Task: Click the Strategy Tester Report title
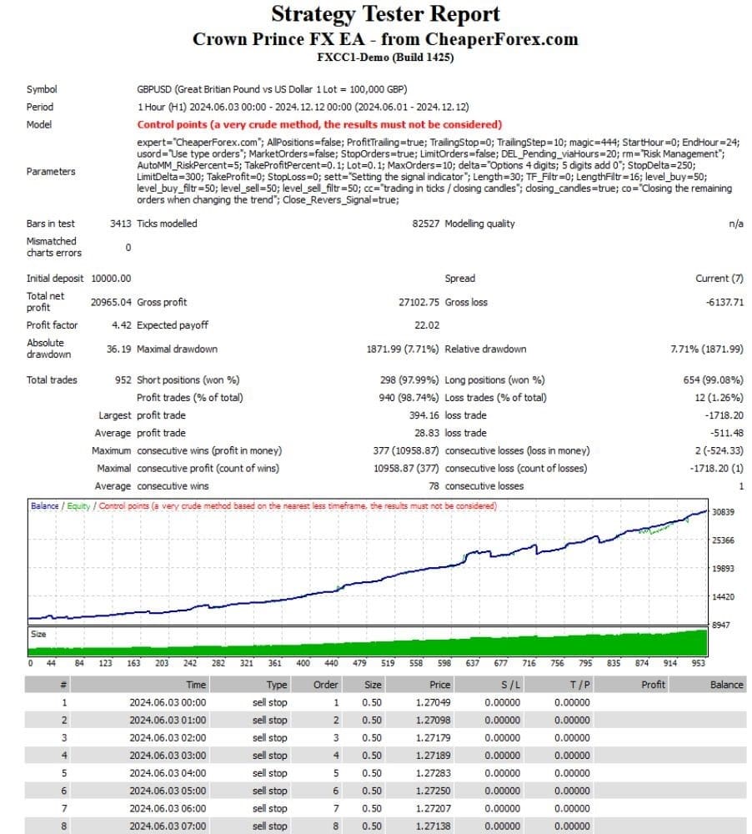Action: tap(385, 14)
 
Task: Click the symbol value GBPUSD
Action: tap(155, 89)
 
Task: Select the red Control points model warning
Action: tap(319, 124)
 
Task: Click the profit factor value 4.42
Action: tap(118, 325)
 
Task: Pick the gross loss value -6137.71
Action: tap(719, 302)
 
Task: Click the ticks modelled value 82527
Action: tap(425, 224)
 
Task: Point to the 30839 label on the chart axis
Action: tap(724, 512)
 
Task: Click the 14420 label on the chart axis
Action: tap(724, 597)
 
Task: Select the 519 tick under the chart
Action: tap(388, 664)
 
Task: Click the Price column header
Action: tap(439, 685)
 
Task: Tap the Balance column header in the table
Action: tap(725, 685)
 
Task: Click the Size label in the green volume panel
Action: tap(39, 635)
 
